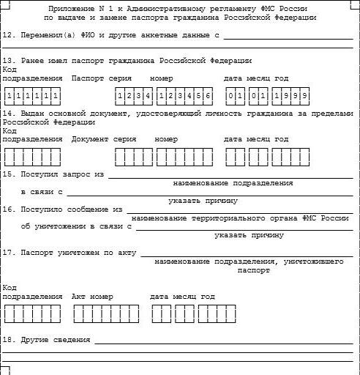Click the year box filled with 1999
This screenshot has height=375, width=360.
pos(290,96)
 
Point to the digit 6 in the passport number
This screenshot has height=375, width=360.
pos(208,96)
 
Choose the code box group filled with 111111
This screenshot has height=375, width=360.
pos(31,96)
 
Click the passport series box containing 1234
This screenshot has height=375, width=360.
pos(133,96)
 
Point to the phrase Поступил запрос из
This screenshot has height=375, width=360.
pos(64,174)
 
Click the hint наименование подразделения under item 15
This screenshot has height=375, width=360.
pos(233,183)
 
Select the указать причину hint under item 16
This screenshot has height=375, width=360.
pos(249,235)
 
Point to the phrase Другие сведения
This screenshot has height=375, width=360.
pos(56,341)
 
